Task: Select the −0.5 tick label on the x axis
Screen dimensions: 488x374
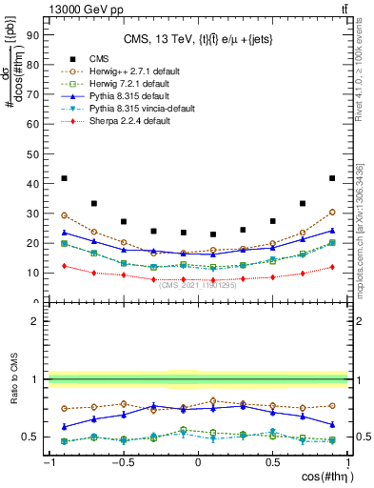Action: pyautogui.click(x=122, y=462)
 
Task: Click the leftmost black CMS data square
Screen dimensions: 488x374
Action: pyautogui.click(x=64, y=178)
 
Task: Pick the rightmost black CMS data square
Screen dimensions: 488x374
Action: pyautogui.click(x=332, y=178)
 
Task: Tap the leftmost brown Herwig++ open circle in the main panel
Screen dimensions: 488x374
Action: pyautogui.click(x=64, y=215)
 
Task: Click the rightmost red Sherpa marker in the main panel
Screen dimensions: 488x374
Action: pyautogui.click(x=332, y=267)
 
